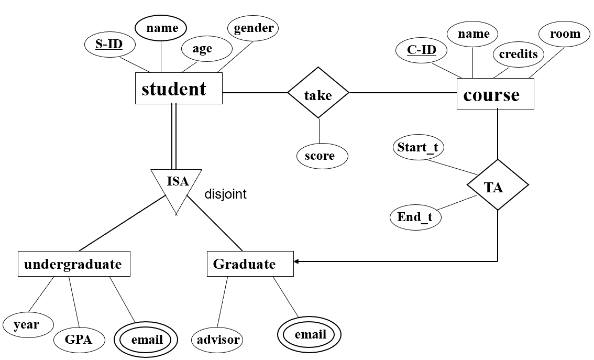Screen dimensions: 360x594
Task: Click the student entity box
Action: click(179, 89)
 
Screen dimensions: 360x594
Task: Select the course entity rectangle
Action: click(495, 94)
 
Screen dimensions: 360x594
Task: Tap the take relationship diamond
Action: click(318, 95)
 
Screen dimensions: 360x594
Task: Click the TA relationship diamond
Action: click(497, 186)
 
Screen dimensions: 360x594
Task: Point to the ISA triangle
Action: click(177, 186)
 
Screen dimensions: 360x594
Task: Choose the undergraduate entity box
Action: click(74, 264)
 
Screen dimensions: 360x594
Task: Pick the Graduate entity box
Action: click(250, 264)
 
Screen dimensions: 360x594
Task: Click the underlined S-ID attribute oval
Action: click(109, 44)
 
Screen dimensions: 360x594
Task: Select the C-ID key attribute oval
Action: click(422, 50)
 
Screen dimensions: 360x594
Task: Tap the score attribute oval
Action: click(320, 156)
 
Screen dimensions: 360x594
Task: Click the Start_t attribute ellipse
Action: click(417, 147)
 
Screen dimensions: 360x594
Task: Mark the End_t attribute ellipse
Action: click(415, 216)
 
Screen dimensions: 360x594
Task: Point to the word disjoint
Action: click(225, 194)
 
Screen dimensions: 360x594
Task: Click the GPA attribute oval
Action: click(79, 340)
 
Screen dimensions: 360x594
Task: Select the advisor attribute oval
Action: click(218, 340)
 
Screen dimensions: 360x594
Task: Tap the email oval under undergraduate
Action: click(147, 340)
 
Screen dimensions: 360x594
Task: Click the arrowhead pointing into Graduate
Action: click(296, 261)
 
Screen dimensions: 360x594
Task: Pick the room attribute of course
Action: click(565, 35)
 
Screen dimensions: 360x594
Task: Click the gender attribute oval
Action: click(254, 28)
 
